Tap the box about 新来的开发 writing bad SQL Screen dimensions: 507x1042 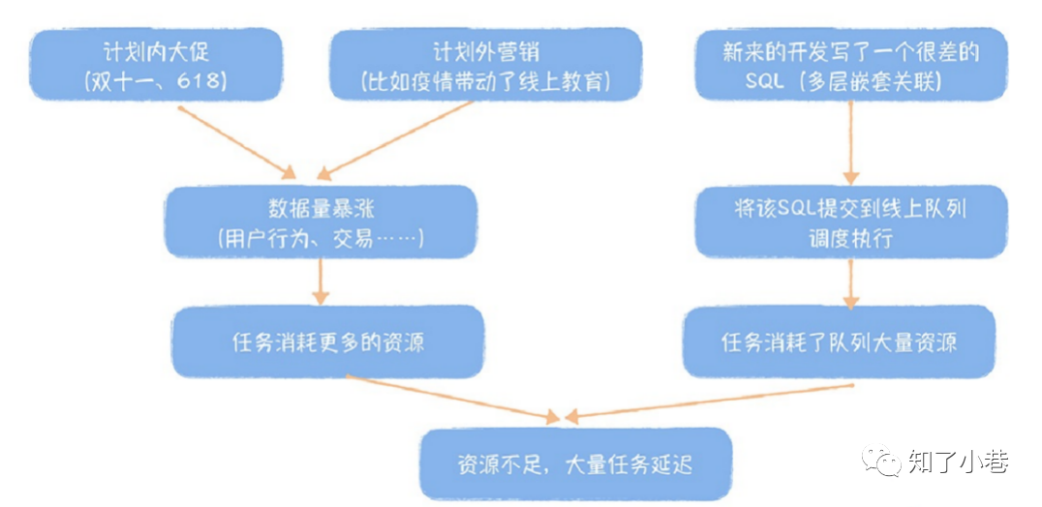[x=850, y=66]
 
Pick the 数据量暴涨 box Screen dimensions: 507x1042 [x=321, y=223]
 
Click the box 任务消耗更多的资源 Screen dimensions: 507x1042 [x=327, y=342]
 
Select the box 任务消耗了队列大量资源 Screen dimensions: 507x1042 [x=839, y=342]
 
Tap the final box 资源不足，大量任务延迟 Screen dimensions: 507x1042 [x=575, y=464]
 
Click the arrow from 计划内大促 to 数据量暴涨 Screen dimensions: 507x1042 [x=237, y=139]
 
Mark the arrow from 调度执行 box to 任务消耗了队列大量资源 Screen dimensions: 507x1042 [x=849, y=283]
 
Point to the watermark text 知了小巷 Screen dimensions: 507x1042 [x=958, y=462]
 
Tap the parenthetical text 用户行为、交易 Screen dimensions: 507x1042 [x=321, y=239]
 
